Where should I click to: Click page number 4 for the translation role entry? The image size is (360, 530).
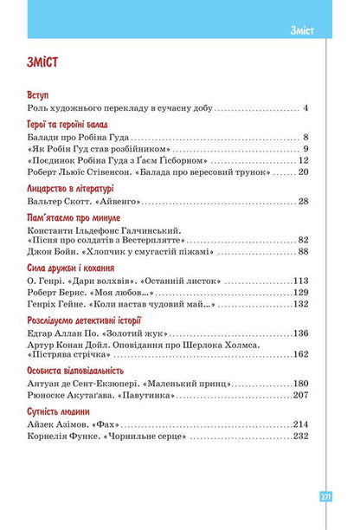tap(305, 109)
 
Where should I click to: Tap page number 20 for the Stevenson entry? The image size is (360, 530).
tap(303, 173)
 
